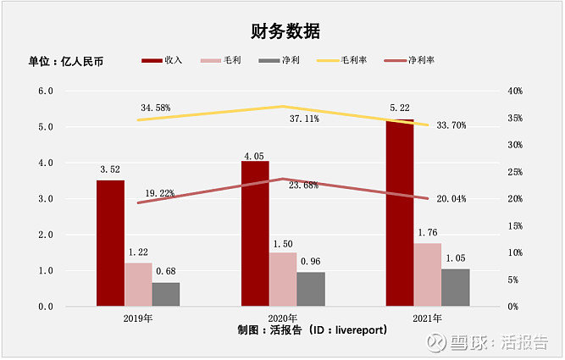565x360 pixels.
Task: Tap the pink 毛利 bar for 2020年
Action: click(283, 279)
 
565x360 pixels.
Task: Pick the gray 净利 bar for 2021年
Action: click(456, 287)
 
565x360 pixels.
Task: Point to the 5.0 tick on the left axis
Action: click(44, 127)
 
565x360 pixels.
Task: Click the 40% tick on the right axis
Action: click(514, 91)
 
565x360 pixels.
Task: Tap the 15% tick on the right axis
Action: click(514, 226)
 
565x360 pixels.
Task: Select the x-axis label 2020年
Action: click(283, 318)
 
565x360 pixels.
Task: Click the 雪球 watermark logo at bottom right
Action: click(437, 341)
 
